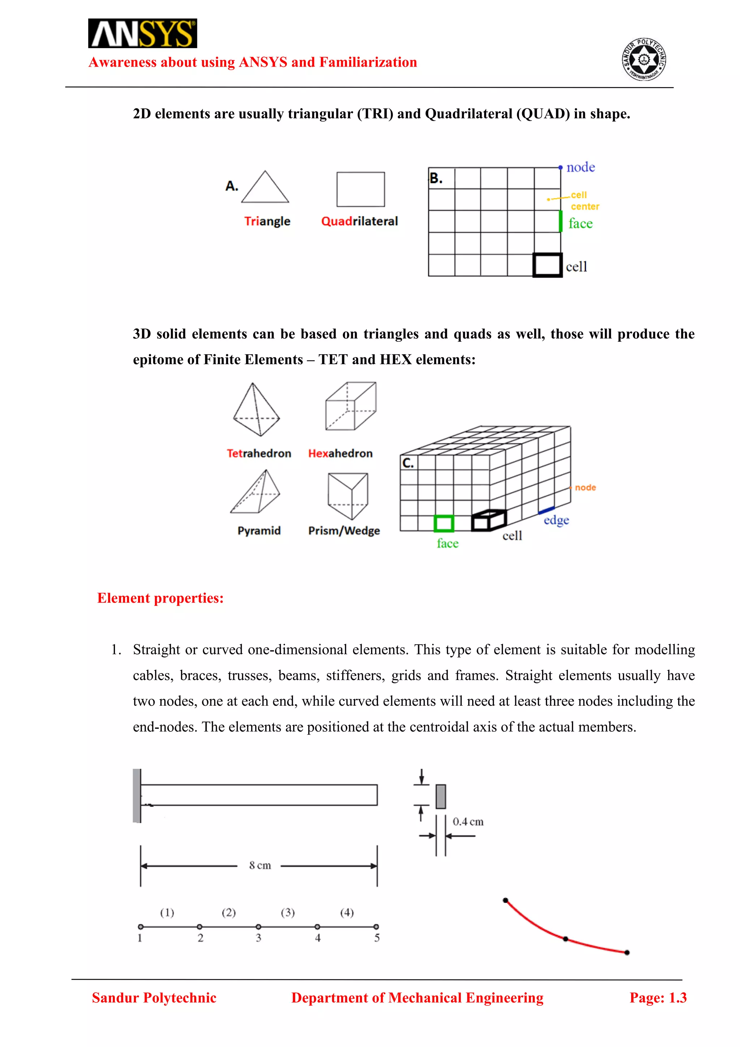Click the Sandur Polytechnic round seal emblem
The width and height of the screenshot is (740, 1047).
(644, 60)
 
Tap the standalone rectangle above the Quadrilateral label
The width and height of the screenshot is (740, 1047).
(361, 189)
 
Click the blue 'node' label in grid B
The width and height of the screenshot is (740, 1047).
(581, 167)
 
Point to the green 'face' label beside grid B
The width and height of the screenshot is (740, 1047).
(581, 223)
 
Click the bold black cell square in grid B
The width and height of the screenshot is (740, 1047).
(547, 265)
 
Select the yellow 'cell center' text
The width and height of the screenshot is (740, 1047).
(585, 201)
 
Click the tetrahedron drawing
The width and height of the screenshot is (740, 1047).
(256, 410)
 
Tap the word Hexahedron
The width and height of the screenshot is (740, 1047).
(340, 453)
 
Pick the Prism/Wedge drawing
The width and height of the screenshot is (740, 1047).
(348, 496)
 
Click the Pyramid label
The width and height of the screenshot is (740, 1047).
(259, 530)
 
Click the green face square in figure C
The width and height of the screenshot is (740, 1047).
(443, 523)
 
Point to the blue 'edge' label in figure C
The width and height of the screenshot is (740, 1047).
(556, 520)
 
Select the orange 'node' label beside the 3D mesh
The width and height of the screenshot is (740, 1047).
(585, 487)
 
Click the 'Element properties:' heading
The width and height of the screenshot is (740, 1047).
(160, 598)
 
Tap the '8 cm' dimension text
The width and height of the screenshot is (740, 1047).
(260, 865)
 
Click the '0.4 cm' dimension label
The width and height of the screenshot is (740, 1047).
(468, 821)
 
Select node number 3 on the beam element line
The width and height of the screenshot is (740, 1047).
(258, 927)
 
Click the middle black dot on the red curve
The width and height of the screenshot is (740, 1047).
(565, 939)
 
